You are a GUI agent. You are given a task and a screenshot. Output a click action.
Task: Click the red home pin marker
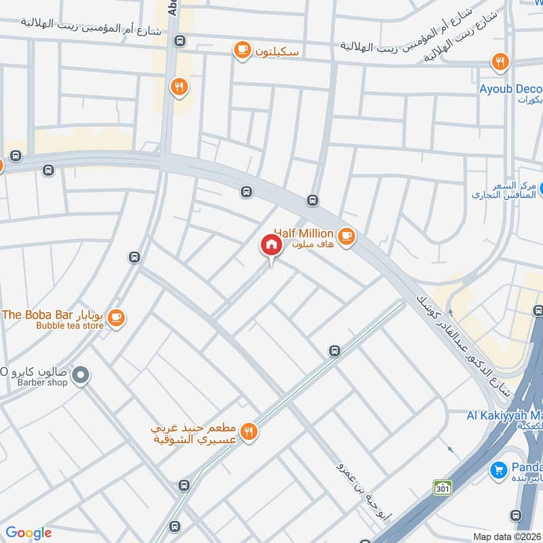pos(271,245)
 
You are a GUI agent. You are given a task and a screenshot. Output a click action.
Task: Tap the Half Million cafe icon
pos(347,236)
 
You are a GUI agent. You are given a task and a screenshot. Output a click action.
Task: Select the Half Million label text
pos(303,233)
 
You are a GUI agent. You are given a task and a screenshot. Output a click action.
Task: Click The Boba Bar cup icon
pos(116,317)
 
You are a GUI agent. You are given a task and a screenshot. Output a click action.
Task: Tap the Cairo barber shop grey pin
pos(81,375)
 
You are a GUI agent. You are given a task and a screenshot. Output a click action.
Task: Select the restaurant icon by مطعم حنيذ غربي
pos(249,432)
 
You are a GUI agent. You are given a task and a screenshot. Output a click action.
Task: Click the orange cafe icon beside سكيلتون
pos(241,49)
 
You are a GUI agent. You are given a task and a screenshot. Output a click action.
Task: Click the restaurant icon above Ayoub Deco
pos(500,62)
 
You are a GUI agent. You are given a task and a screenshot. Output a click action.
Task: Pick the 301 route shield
pos(443,487)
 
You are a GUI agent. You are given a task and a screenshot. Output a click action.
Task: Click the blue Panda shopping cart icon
pos(499,470)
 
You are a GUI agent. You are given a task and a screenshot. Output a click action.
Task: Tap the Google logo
pos(28,533)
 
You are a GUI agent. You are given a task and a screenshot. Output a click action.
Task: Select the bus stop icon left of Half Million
pos(313,200)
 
